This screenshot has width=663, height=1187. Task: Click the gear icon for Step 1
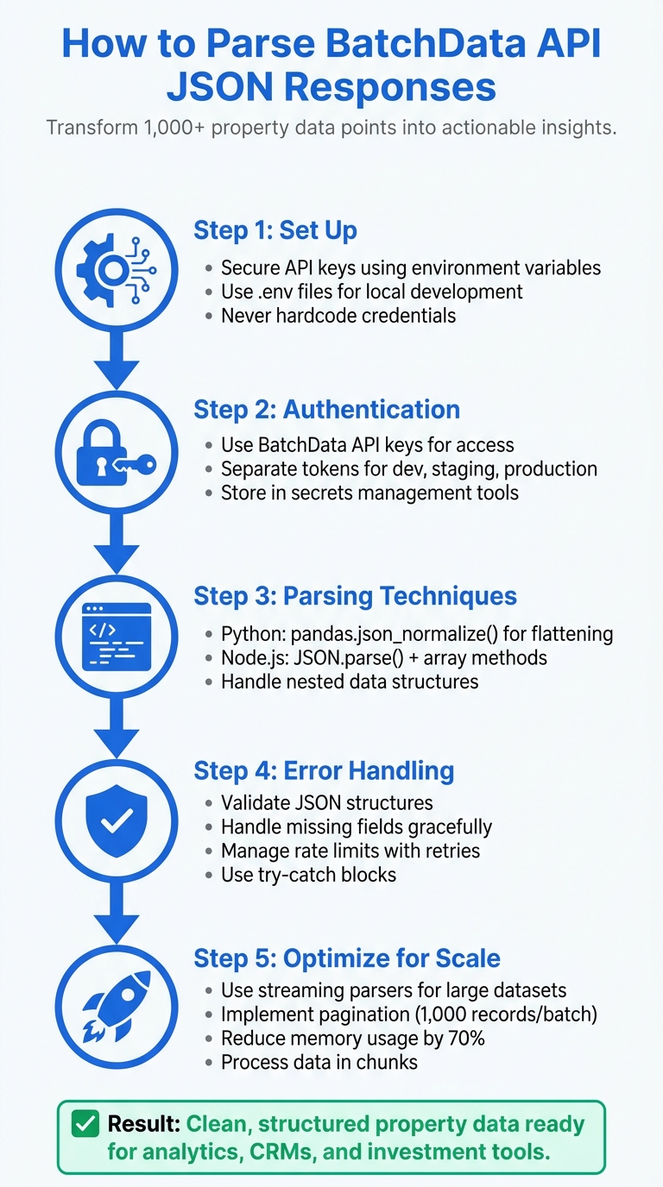click(116, 270)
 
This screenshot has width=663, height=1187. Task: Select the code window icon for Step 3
click(116, 639)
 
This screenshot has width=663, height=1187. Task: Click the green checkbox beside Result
click(85, 1125)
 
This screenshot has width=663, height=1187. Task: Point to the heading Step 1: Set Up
click(275, 230)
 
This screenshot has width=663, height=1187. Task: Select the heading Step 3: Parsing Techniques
click(355, 595)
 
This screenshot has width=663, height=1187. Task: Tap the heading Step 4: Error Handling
click(324, 770)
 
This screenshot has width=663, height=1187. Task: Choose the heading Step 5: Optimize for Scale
click(347, 958)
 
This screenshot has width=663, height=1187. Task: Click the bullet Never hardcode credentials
click(338, 316)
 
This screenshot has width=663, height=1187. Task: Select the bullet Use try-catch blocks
click(308, 875)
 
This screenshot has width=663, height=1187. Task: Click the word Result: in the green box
click(143, 1124)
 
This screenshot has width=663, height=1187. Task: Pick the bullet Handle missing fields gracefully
click(356, 826)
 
